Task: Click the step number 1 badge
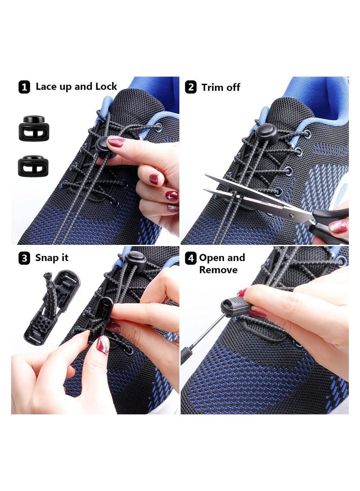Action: [24, 87]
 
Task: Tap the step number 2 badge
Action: [191, 87]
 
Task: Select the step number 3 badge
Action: [24, 258]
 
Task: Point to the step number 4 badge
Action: [191, 258]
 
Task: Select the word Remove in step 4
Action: [218, 270]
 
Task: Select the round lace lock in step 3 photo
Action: [136, 261]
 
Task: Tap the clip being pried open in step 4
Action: [235, 307]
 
